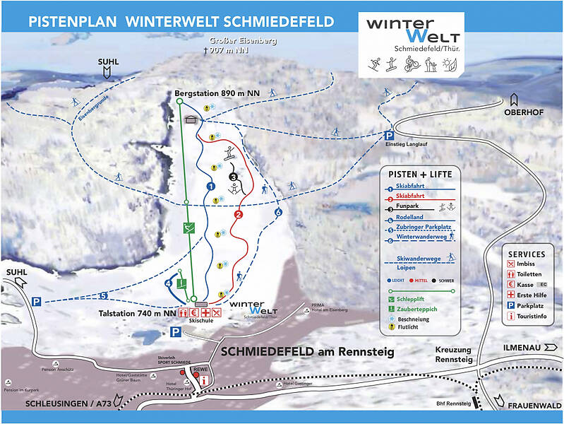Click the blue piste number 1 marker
(210, 186)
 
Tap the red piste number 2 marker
(239, 214)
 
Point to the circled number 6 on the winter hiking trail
(278, 212)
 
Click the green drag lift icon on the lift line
(188, 228)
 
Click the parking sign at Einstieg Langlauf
(388, 136)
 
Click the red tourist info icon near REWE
(204, 380)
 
